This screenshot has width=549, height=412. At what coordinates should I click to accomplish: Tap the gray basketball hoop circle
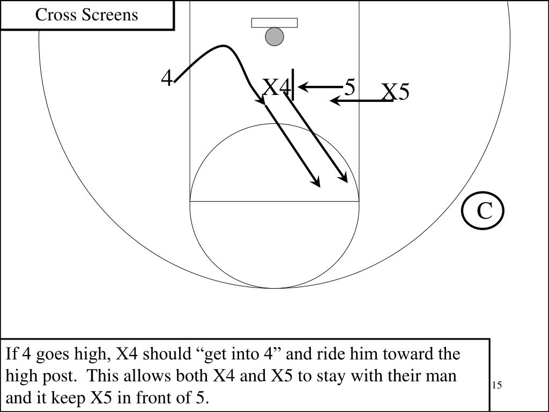[x=274, y=36]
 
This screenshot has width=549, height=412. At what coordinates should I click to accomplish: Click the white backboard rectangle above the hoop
[x=274, y=23]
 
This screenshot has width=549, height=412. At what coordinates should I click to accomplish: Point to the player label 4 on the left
[x=167, y=79]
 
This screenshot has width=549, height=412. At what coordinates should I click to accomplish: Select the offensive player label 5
[x=350, y=87]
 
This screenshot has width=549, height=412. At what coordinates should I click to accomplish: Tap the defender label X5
[x=396, y=92]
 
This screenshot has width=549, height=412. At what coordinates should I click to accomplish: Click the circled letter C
[x=484, y=211]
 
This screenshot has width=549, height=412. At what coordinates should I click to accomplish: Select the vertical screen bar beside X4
[x=293, y=84]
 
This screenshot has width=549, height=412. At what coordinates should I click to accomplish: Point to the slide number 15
[x=496, y=385]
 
